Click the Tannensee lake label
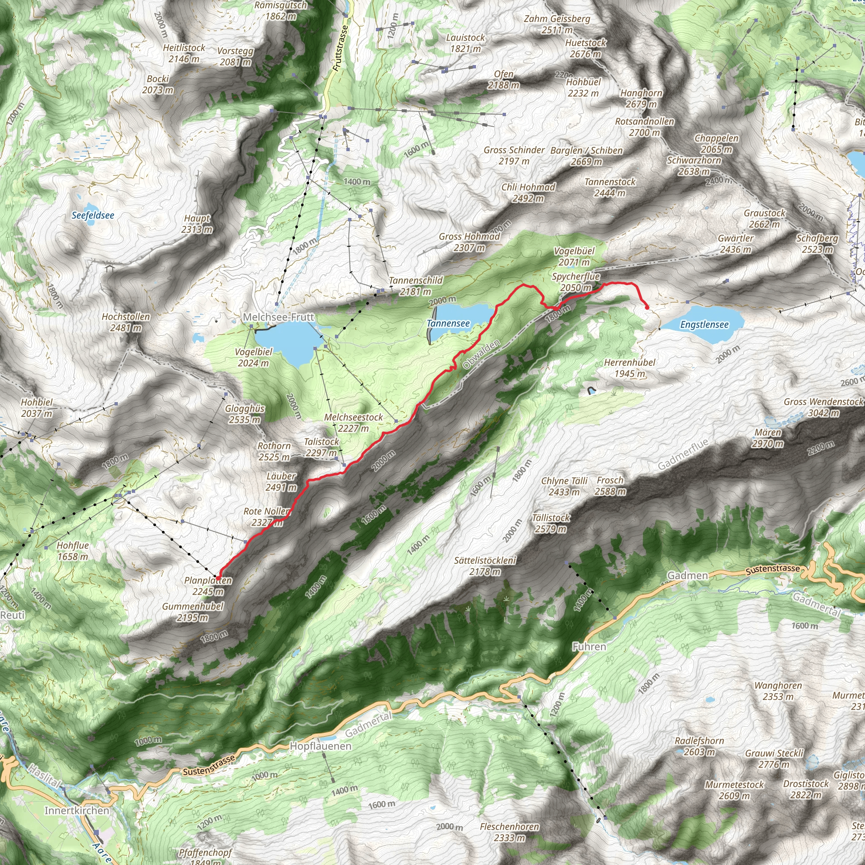[x=448, y=323]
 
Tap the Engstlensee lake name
[x=704, y=325]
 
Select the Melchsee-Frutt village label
[x=278, y=317]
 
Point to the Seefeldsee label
[x=92, y=215]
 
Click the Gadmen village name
[x=687, y=575]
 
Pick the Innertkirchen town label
[x=76, y=811]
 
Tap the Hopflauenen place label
[x=321, y=746]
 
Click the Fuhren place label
[x=589, y=647]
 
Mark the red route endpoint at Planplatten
[x=218, y=579]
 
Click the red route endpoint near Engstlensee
[x=647, y=307]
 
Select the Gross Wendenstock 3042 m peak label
[x=823, y=408]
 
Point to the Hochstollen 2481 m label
[x=126, y=322]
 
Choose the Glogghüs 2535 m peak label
[x=245, y=414]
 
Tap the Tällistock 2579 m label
[x=551, y=523]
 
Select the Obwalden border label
[x=481, y=355]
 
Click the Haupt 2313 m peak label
[x=197, y=224]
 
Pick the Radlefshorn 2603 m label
[x=699, y=746]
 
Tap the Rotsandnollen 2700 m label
[x=644, y=127]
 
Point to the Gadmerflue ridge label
[x=683, y=454]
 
